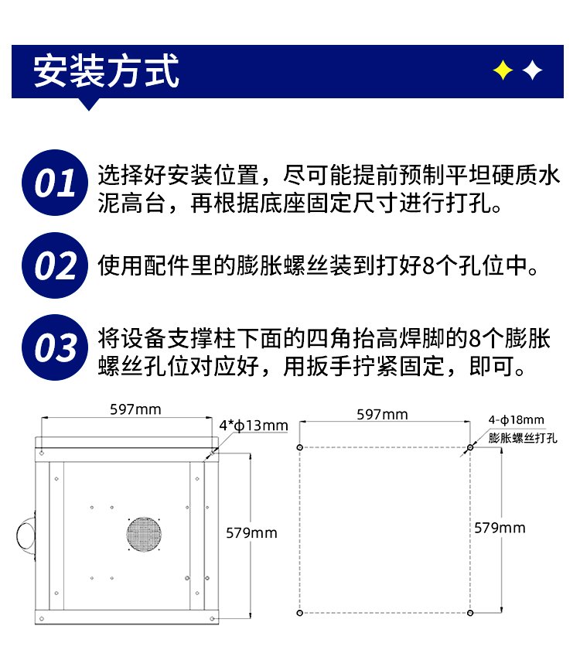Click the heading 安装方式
106,71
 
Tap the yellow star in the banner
503,70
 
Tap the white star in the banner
532,70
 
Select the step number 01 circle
55,183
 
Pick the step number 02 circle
55,265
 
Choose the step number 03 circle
55,347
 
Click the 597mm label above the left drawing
135,409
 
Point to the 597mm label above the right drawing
382,414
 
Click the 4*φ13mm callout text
254,426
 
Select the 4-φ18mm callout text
517,420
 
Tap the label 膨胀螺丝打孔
523,438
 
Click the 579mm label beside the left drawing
251,532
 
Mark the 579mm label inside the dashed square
500,528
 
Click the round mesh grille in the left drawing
144,535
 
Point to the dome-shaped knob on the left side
26,536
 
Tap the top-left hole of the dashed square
300,447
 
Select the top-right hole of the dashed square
470,447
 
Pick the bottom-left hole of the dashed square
300,613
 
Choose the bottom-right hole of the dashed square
470,613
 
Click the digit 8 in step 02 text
428,265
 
